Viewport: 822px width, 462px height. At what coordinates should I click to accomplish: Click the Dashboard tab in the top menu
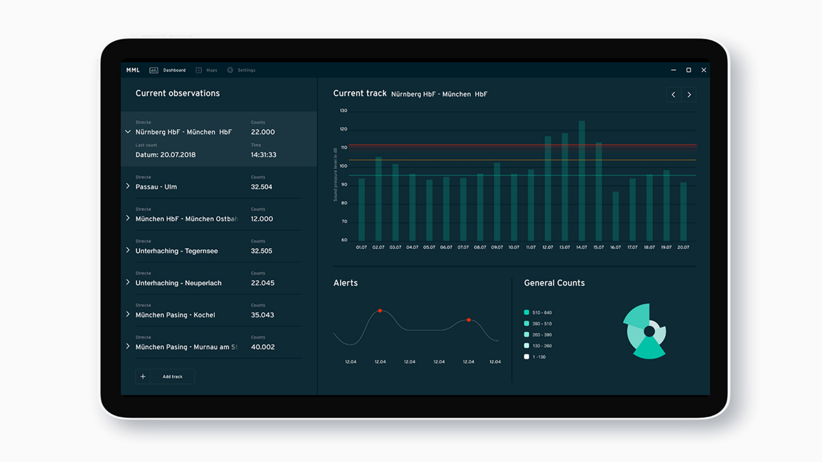coord(169,70)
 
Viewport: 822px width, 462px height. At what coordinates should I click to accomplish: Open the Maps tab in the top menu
coord(207,70)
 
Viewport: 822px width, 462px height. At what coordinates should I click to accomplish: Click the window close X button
coord(704,70)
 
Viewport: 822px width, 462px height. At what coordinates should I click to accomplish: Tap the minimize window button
coord(673,70)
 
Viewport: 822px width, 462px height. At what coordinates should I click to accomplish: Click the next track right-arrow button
coord(689,95)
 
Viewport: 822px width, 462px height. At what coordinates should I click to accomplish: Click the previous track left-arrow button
coord(673,95)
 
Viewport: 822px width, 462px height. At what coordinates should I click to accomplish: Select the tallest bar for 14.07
coord(582,181)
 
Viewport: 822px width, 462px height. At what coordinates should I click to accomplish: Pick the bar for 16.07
coord(615,216)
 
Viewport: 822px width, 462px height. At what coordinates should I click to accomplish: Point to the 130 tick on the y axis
coord(343,111)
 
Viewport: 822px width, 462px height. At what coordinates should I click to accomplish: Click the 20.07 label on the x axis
coord(683,247)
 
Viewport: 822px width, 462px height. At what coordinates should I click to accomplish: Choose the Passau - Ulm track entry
coord(156,187)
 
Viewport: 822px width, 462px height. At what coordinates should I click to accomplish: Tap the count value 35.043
coord(262,315)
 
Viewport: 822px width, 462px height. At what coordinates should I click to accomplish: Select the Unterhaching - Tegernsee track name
coord(176,251)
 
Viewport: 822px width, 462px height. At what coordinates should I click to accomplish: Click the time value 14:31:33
coord(263,155)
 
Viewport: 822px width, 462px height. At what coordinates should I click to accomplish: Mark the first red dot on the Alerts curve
coord(380,311)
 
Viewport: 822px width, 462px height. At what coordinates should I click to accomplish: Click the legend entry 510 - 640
coord(541,313)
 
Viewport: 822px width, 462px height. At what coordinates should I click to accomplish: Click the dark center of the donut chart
coord(649,332)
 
